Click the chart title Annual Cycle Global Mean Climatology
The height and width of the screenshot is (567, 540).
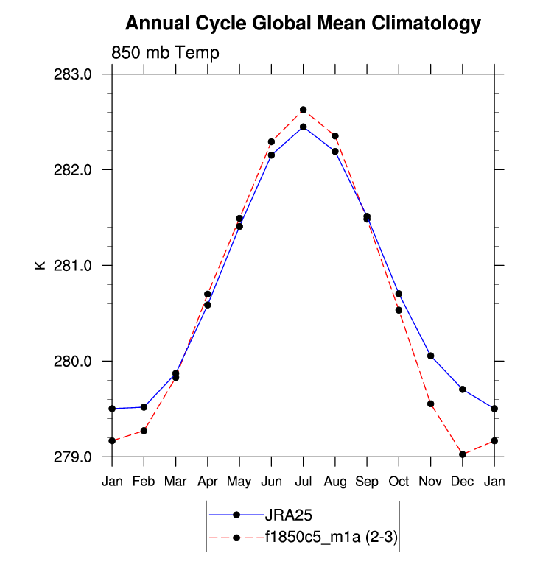click(x=303, y=24)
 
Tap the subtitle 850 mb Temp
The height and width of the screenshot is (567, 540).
click(x=165, y=53)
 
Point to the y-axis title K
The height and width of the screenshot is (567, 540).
click(x=41, y=265)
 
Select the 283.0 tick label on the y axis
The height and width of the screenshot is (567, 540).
click(x=77, y=74)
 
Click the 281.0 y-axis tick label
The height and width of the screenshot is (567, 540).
click(x=77, y=266)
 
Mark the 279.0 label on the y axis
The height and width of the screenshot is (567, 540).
click(x=77, y=457)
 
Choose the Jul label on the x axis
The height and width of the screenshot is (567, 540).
click(x=303, y=481)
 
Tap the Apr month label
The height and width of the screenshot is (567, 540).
click(x=208, y=481)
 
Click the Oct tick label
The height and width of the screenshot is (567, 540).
click(x=399, y=481)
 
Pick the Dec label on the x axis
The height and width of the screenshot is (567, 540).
click(x=463, y=481)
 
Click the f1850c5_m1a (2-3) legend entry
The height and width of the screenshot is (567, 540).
click(x=332, y=538)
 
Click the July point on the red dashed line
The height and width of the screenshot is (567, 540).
click(x=303, y=110)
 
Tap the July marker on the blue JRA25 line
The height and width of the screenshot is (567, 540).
click(x=303, y=127)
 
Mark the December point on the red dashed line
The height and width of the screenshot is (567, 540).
click(x=463, y=454)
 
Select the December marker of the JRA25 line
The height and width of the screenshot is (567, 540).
click(x=463, y=389)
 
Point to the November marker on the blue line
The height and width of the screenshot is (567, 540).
click(x=430, y=356)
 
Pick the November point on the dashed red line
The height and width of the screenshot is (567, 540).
click(x=430, y=404)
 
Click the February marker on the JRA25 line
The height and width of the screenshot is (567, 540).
click(x=144, y=406)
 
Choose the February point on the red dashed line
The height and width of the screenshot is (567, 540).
click(x=144, y=430)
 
